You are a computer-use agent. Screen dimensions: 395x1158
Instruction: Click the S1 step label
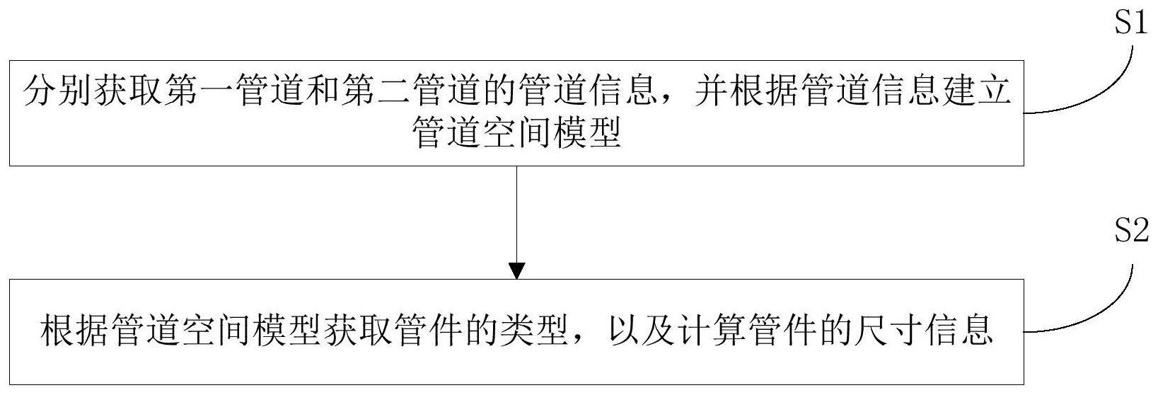(x=1130, y=24)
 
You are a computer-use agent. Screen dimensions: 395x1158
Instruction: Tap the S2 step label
(x=1130, y=233)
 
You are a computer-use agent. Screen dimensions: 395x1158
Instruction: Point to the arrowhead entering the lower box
(x=517, y=271)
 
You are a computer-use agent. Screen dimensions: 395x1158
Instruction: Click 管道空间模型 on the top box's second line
(x=517, y=132)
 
